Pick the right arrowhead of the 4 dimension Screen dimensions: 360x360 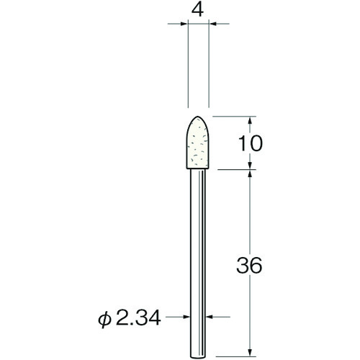point(215,25)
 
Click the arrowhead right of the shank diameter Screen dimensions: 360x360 point(211,315)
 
